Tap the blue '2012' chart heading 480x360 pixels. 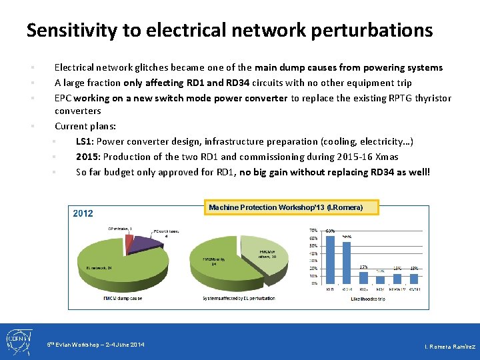click(x=83, y=213)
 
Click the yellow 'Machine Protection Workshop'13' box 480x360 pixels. click(x=285, y=207)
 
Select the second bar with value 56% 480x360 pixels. click(x=347, y=263)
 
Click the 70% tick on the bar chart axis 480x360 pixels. click(x=313, y=231)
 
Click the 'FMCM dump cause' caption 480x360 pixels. click(x=123, y=299)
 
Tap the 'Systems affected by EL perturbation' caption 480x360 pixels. click(x=239, y=299)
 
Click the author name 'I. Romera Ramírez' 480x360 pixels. click(x=450, y=347)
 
